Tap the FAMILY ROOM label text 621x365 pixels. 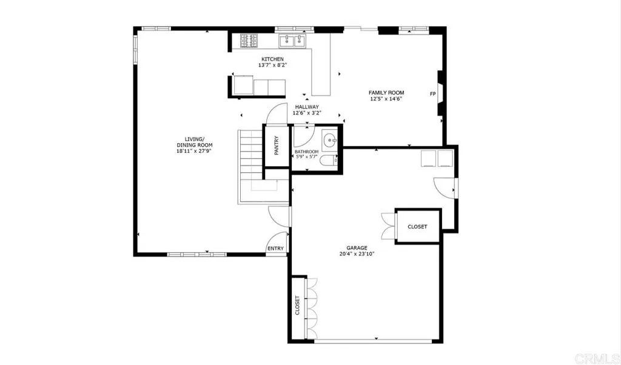click(386, 93)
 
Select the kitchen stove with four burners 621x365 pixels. click(249, 41)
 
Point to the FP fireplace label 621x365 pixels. click(432, 94)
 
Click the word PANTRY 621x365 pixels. click(277, 146)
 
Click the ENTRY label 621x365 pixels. click(275, 249)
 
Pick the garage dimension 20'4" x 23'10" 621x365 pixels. click(357, 254)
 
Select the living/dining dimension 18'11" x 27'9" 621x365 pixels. click(194, 152)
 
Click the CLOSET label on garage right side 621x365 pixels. click(417, 227)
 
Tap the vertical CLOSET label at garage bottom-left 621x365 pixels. click(297, 307)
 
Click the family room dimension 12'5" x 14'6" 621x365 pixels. click(386, 99)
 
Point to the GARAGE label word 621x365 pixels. click(357, 248)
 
